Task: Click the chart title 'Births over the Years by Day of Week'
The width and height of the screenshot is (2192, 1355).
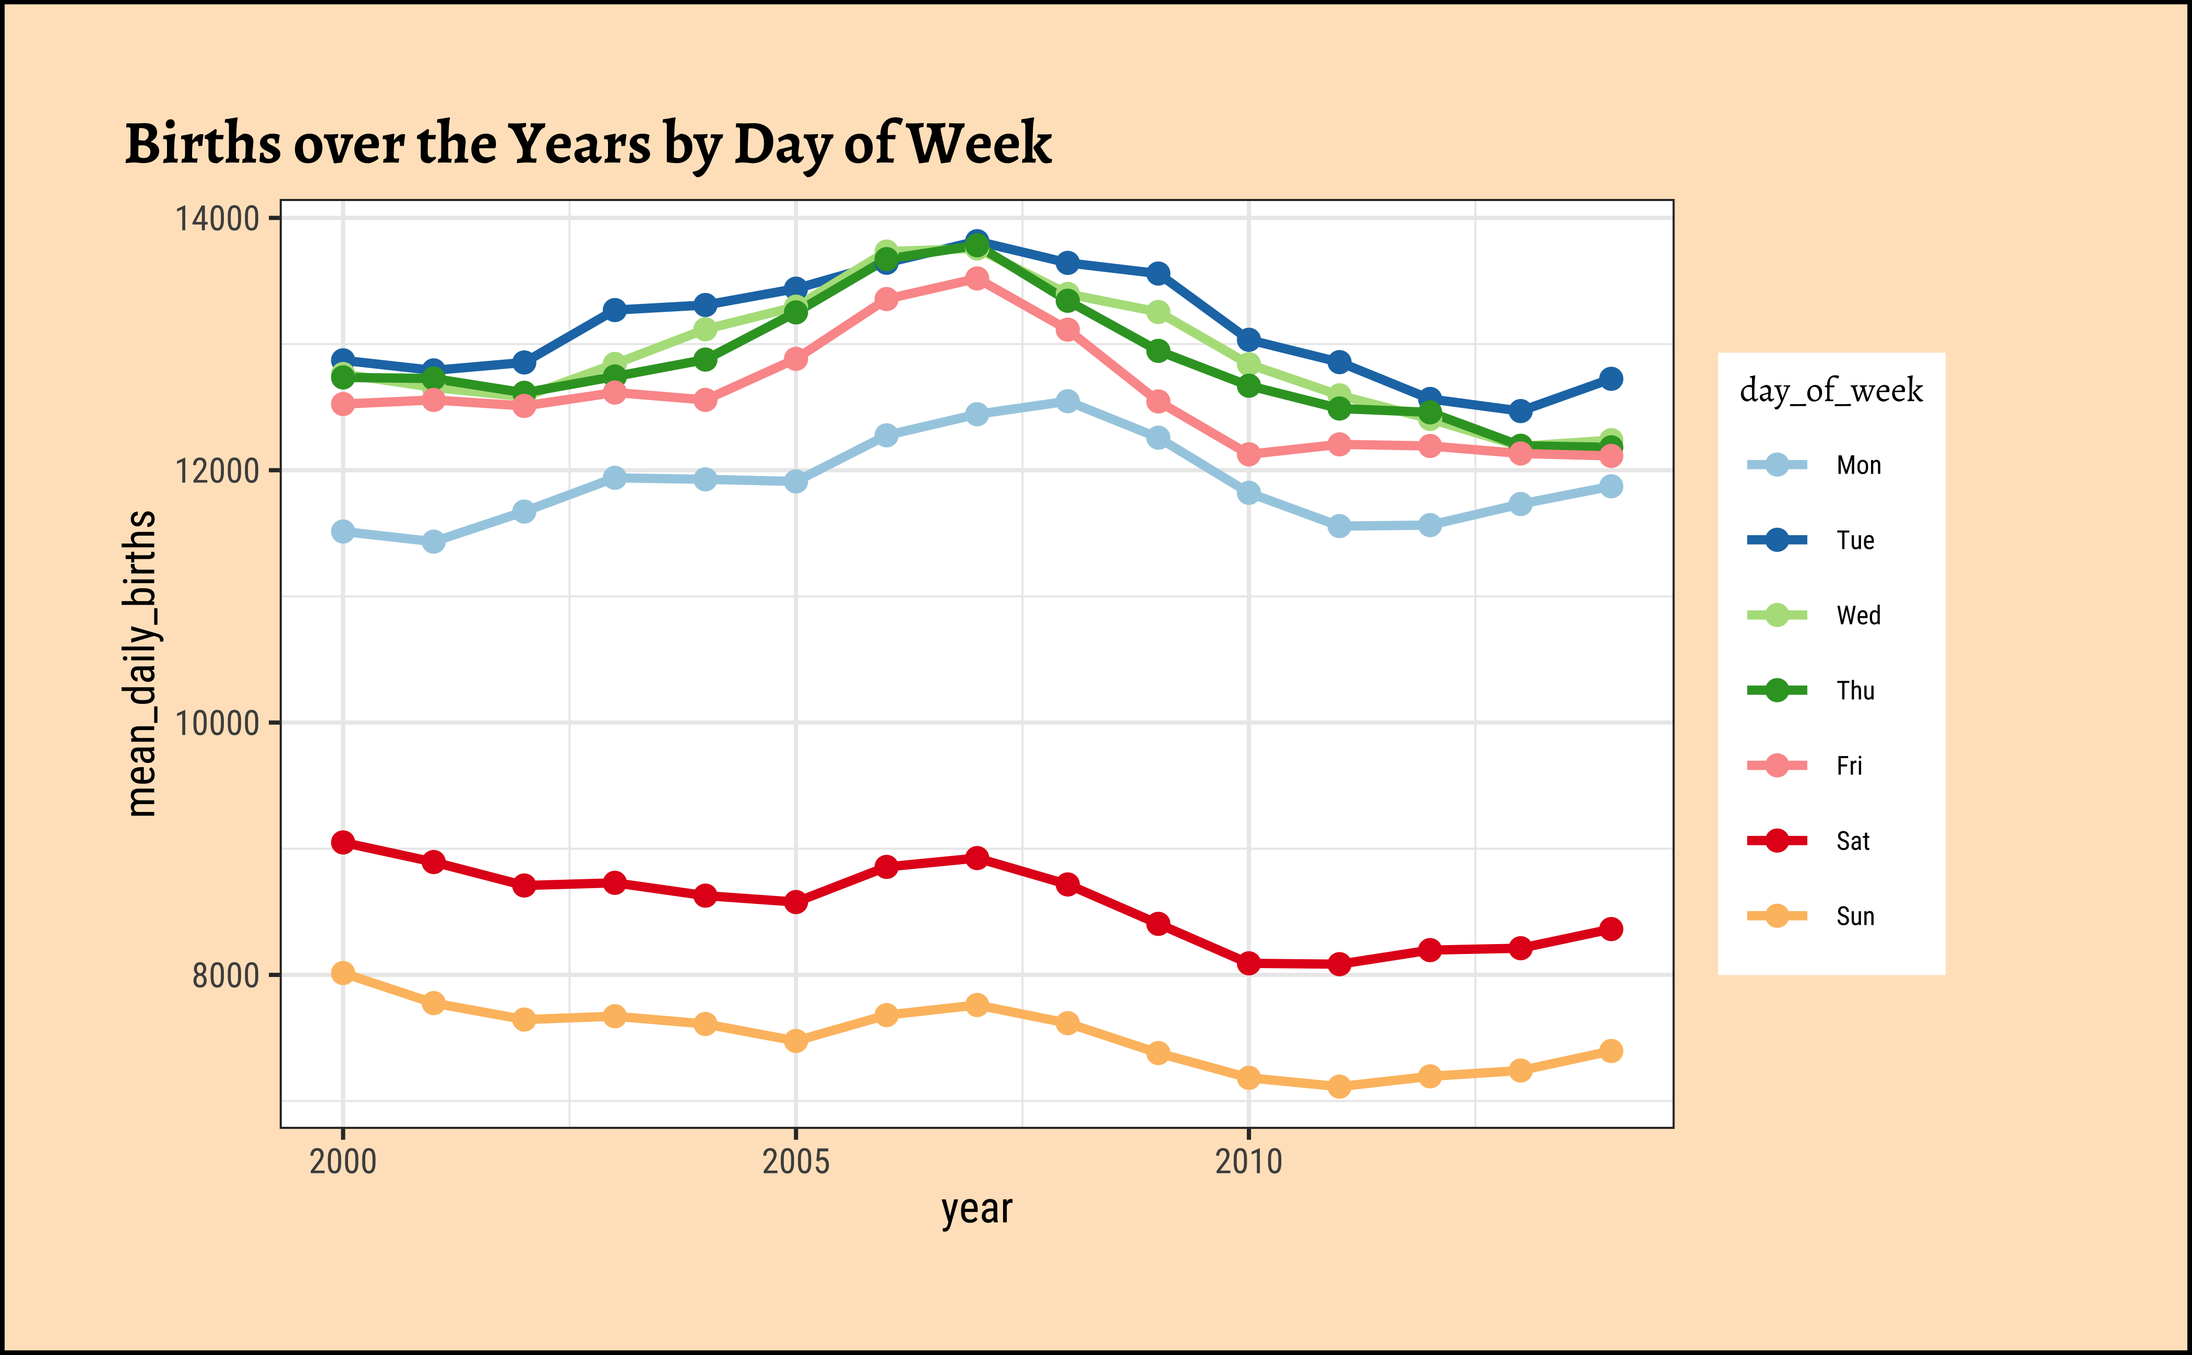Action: click(x=588, y=144)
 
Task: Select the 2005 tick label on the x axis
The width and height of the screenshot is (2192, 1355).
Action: click(x=795, y=1161)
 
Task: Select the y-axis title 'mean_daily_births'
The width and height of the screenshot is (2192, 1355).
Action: click(x=141, y=663)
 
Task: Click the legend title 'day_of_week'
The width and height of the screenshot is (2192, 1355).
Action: click(x=1831, y=391)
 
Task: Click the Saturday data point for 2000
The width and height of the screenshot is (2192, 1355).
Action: click(x=342, y=842)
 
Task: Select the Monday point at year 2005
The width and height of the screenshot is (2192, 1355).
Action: click(x=795, y=481)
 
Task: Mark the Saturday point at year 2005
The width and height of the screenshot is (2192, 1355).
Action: click(x=795, y=902)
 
